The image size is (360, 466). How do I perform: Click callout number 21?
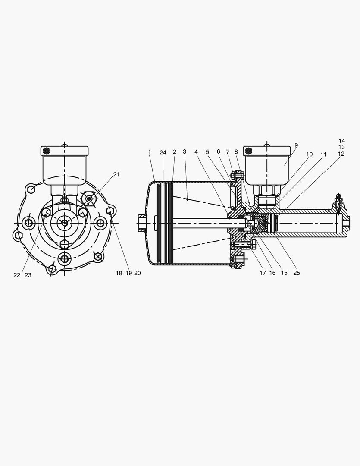116,174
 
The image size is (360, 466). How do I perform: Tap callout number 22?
17,275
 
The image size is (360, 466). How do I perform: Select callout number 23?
28,275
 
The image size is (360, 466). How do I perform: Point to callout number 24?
163,153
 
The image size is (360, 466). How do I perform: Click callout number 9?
296,145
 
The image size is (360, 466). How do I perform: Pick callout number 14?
341,141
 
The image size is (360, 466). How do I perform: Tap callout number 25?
297,273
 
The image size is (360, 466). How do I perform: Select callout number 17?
263,273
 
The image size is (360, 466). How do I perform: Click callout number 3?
185,151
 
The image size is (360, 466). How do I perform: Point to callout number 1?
150,152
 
